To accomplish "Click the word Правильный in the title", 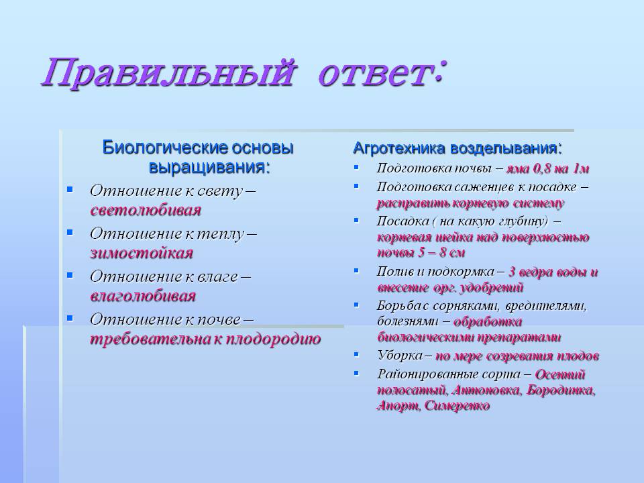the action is coord(168,73).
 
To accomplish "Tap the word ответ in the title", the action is coord(373,74).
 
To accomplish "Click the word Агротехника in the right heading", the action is coord(398,148).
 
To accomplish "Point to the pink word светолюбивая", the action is coord(146,210).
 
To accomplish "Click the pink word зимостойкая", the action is coord(142,253).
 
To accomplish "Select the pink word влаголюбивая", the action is coord(143,296).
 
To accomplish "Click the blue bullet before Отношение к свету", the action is coord(70,189).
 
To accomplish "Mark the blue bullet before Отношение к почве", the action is coord(70,318).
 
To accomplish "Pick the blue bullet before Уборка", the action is coord(356,354).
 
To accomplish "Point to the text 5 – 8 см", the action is coord(441,252).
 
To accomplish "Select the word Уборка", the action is coord(400,356).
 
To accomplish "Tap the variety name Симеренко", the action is coord(457,406).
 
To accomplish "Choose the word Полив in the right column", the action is coord(395,272).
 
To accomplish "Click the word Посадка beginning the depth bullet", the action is coord(403,221).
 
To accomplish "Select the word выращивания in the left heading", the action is coord(209,167).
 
